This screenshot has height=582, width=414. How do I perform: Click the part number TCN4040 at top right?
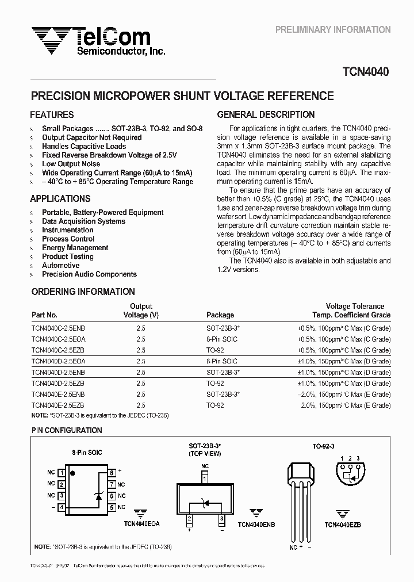366,72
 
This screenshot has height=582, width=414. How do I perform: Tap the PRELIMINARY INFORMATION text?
333,29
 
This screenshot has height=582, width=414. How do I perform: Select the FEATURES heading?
52,115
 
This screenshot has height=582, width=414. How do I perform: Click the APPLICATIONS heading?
60,198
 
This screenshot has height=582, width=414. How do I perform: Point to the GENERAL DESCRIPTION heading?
266,115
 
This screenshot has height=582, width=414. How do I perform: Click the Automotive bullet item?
60,266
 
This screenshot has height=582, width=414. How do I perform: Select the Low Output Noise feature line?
71,164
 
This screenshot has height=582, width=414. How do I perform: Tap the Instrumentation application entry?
67,230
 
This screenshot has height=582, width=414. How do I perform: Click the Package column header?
220,315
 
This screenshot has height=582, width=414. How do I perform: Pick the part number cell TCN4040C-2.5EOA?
58,339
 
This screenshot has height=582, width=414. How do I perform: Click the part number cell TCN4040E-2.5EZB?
57,405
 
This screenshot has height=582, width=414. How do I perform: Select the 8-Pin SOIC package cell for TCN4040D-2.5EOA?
221,361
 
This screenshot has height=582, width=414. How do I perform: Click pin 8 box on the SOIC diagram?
112,473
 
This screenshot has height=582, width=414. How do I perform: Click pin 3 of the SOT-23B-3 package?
221,519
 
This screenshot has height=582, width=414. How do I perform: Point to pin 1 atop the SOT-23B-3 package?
205,477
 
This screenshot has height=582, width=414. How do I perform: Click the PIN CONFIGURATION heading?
66,430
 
